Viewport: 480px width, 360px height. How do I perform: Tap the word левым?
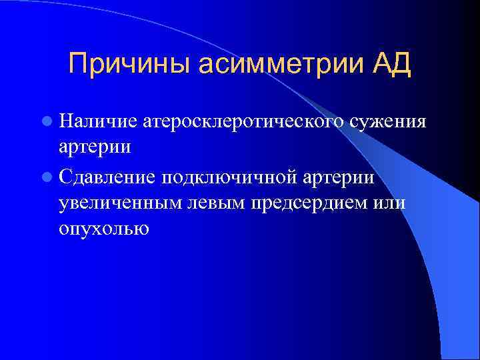click(214, 203)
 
